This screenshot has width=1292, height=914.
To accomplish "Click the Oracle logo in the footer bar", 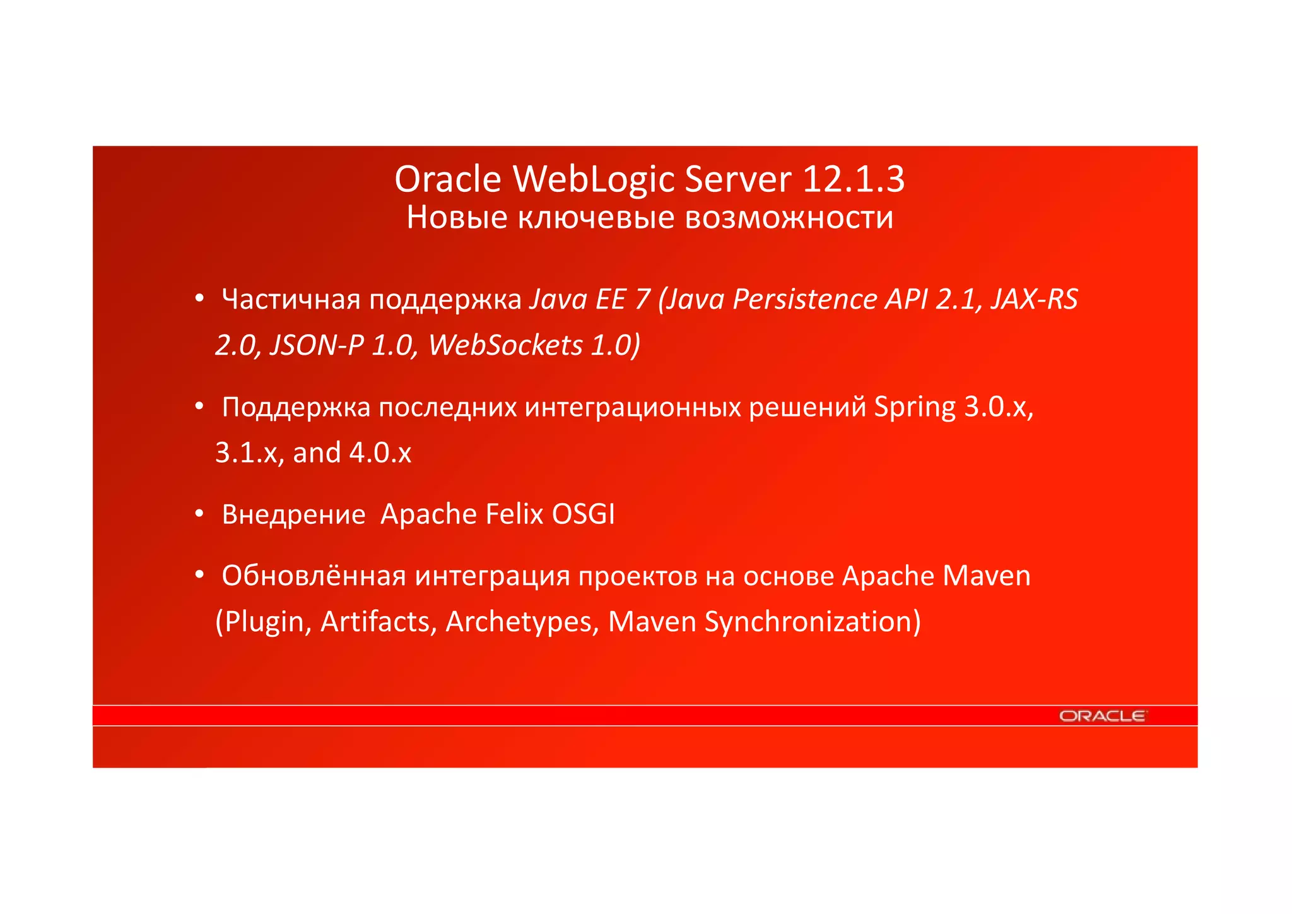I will (1103, 716).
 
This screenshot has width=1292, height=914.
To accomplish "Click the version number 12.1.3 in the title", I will (854, 179).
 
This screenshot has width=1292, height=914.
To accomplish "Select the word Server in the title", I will (737, 179).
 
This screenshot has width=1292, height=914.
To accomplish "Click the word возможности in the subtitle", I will (789, 218).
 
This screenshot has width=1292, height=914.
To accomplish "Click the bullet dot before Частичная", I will (199, 298).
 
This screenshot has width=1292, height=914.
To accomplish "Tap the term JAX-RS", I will (1034, 299).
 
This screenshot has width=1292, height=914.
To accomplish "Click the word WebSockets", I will (505, 345).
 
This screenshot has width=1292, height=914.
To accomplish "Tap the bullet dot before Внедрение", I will (199, 514).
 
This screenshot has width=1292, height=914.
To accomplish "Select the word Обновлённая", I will (314, 576).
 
